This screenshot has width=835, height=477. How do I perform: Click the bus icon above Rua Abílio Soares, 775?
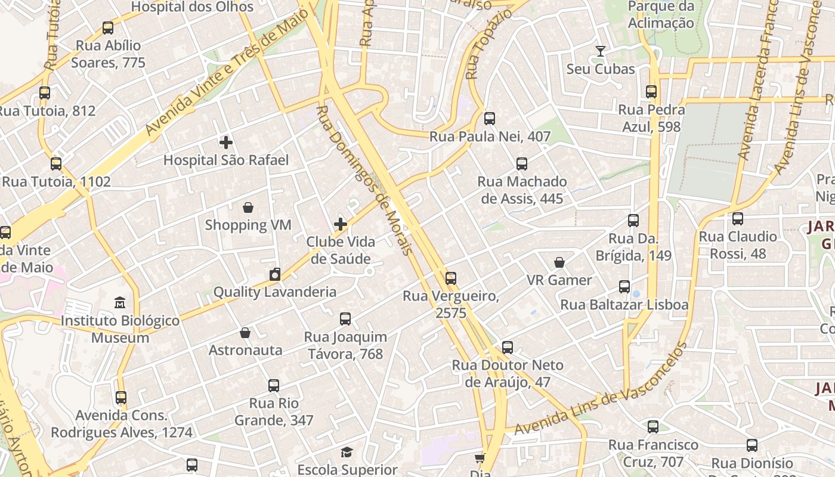[108, 27]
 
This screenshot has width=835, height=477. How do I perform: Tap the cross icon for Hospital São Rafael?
[226, 143]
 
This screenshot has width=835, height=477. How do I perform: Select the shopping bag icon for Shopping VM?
[248, 207]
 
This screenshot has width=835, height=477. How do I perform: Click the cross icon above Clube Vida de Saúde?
[341, 224]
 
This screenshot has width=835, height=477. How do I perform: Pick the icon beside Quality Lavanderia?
[275, 274]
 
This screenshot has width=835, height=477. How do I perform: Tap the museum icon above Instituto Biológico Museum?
[120, 303]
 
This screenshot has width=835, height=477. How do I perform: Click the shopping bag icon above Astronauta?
[245, 333]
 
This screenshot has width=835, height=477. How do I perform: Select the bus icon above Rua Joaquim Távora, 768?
[345, 319]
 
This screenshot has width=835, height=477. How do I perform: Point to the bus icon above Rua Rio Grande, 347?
[274, 386]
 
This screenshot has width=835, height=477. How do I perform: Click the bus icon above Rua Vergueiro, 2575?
[451, 278]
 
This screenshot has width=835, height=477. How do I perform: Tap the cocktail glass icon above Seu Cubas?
[601, 51]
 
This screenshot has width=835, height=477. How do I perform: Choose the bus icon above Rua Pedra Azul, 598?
[651, 92]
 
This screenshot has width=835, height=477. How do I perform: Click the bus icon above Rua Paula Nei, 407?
[490, 119]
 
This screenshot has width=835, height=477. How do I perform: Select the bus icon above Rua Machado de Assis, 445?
[522, 163]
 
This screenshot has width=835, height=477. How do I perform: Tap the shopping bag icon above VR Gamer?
[559, 262]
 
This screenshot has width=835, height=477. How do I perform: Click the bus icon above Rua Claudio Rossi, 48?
[738, 219]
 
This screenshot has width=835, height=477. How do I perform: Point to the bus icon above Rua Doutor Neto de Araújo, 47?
[508, 347]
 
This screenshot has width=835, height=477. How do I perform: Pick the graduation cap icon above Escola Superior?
[347, 452]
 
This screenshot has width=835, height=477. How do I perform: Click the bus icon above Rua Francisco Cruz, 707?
[653, 427]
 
